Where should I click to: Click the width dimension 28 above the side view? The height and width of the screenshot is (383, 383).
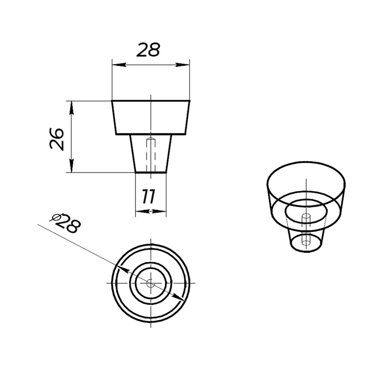pos(148,50)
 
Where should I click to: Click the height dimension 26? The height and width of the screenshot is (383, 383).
pos(56,138)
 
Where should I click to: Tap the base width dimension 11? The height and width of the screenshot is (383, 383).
pos(149,197)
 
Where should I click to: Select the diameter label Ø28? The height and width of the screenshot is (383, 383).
pos(65,223)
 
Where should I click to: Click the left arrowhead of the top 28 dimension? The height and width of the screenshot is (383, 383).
pos(119,65)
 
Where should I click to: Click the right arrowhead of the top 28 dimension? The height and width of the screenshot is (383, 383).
pos(182,65)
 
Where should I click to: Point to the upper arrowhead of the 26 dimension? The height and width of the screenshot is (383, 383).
pos(71,108)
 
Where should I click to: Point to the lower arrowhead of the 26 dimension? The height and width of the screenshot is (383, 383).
pos(71,166)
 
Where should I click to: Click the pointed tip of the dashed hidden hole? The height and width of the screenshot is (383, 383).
pos(151,138)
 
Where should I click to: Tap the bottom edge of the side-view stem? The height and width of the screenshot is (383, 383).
pos(151,172)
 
